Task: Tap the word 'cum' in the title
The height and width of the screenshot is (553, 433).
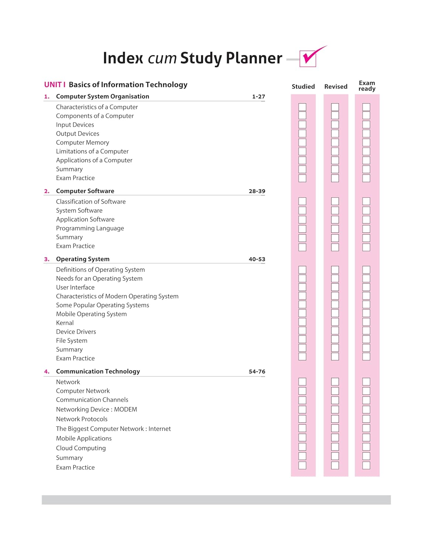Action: pyautogui.click(x=162, y=58)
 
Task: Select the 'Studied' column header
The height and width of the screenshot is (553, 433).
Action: pyautogui.click(x=303, y=87)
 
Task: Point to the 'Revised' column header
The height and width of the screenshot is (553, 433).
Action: pyautogui.click(x=336, y=87)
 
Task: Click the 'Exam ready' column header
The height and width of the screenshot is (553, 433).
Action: pyautogui.click(x=367, y=86)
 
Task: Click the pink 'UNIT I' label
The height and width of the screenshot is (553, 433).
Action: pyautogui.click(x=55, y=85)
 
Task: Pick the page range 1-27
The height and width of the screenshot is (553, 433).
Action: pyautogui.click(x=259, y=97)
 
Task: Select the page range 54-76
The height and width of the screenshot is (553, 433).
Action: pyautogui.click(x=257, y=372)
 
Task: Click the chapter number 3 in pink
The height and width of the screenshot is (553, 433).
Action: pyautogui.click(x=46, y=259)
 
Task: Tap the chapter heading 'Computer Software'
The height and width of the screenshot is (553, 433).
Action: pyautogui.click(x=85, y=191)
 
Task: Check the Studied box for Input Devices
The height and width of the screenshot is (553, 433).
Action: pyautogui.click(x=302, y=125)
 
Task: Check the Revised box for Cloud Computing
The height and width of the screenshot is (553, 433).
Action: pyautogui.click(x=335, y=447)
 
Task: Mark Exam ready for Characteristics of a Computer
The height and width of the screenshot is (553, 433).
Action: pyautogui.click(x=366, y=107)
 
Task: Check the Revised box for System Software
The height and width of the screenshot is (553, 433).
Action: pyautogui.click(x=335, y=211)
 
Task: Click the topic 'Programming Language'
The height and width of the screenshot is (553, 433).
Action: pyautogui.click(x=90, y=228)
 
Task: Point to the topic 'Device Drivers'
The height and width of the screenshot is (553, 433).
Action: pyautogui.click(x=76, y=332)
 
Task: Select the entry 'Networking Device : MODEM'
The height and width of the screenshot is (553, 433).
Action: pyautogui.click(x=96, y=409)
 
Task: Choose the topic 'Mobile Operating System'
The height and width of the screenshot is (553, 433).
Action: pyautogui.click(x=91, y=314)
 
